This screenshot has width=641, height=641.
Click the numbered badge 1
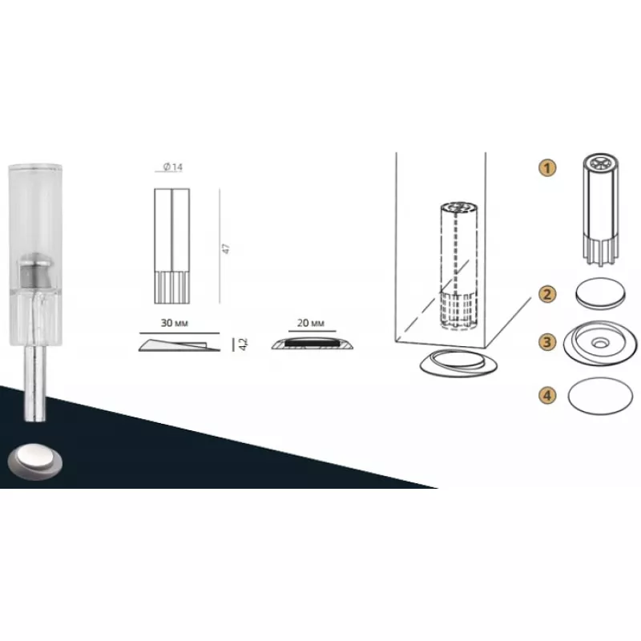(547, 167)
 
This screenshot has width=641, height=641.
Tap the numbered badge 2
(547, 294)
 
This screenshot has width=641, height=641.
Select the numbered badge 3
(547, 342)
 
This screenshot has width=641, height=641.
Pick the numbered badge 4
(547, 395)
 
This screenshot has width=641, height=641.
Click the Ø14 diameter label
(172, 167)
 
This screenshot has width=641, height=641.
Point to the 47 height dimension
(226, 248)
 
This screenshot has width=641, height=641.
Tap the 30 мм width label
(174, 323)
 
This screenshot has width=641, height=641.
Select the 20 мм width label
(311, 323)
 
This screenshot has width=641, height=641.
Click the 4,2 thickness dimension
(244, 345)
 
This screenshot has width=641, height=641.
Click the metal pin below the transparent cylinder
(35, 384)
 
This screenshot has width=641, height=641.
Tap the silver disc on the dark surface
(35, 462)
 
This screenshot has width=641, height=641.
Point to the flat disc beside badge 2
(600, 293)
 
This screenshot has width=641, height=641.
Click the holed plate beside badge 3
(599, 343)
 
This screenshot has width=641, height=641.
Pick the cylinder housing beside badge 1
(600, 209)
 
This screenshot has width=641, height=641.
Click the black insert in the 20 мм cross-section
(312, 342)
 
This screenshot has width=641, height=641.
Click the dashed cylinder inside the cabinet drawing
(458, 265)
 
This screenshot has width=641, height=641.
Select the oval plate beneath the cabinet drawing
(458, 363)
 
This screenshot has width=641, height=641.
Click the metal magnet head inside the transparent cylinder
(35, 271)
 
